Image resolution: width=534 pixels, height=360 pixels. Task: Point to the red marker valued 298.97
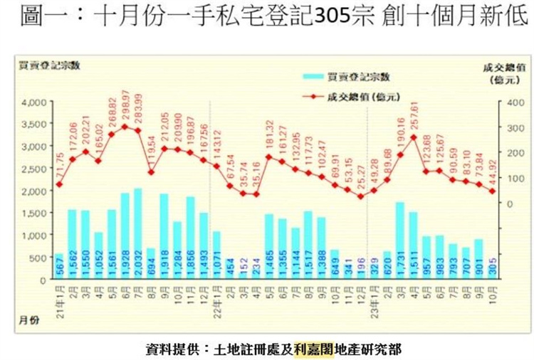coord(125,127)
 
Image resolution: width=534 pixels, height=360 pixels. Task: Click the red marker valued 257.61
coord(414,137)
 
